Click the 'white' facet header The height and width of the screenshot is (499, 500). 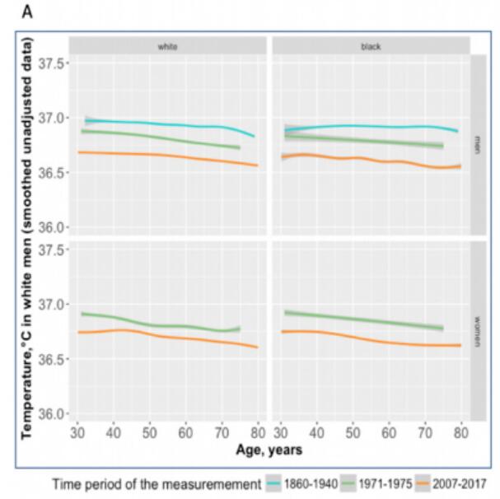click(168, 46)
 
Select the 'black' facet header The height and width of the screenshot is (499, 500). click(370, 46)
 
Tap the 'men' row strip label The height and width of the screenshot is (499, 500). click(477, 145)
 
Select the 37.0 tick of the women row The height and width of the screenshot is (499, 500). click(54, 305)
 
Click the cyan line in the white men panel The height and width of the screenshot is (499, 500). click(165, 124)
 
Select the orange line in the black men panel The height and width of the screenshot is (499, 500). click(371, 159)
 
